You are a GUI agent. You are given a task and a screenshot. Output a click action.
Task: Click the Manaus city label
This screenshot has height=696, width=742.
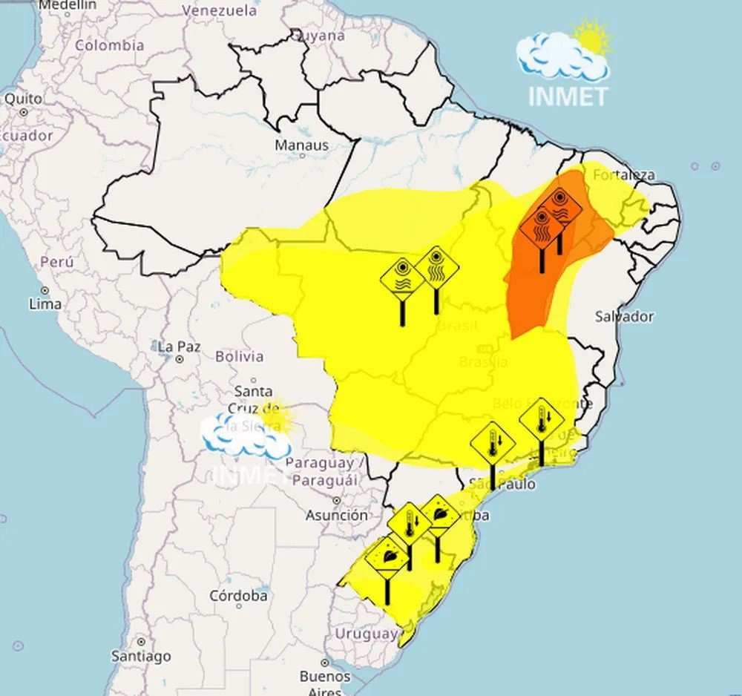301,145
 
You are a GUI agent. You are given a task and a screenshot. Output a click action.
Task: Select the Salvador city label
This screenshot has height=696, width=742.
624,316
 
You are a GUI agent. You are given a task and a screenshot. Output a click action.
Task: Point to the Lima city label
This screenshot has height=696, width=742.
45,303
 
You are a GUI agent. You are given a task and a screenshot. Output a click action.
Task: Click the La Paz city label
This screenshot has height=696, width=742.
175,347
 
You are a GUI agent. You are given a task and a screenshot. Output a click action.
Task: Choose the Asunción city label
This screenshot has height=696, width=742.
336,514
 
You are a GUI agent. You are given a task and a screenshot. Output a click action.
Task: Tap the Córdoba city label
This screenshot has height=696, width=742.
238,595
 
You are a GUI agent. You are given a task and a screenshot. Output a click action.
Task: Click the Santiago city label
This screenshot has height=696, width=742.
140,656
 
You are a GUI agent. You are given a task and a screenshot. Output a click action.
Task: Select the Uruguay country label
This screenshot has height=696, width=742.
367,634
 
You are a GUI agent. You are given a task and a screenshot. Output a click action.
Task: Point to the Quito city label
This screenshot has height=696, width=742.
23,98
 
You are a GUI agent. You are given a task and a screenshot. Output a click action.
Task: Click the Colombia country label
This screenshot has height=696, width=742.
109,45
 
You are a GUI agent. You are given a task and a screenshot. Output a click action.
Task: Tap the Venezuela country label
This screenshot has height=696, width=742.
219,10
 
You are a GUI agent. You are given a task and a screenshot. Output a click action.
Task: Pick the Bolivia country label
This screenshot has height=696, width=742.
239,356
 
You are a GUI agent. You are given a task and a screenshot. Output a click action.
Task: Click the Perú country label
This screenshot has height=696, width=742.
57,261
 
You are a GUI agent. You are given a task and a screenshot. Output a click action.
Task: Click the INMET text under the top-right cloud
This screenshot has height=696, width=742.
568,96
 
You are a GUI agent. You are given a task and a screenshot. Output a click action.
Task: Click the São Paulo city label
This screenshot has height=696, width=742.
502,484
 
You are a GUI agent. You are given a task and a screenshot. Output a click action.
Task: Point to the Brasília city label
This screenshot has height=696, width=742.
483,362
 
